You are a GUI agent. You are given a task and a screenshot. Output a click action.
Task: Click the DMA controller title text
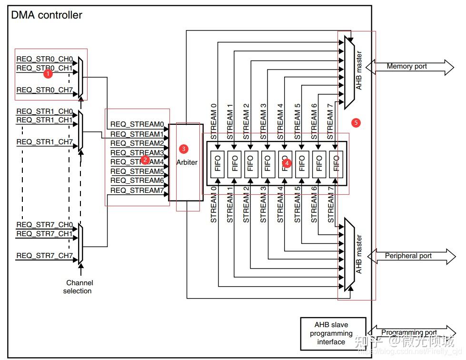(x=47, y=15)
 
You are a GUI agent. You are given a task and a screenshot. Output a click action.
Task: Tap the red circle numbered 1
(x=47, y=74)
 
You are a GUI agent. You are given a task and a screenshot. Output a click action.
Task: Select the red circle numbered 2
(x=146, y=160)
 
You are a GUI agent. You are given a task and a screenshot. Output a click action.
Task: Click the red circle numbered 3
(x=184, y=149)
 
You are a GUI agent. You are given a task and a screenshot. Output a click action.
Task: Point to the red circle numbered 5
(x=356, y=123)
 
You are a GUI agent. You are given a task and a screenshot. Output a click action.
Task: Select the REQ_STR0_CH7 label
(x=45, y=90)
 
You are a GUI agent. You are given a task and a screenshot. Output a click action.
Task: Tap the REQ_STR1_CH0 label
(x=45, y=111)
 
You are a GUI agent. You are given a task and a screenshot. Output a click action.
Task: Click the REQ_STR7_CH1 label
(x=45, y=234)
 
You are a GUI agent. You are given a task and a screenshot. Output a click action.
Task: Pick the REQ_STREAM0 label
(x=137, y=124)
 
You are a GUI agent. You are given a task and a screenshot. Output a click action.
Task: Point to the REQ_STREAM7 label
(x=137, y=190)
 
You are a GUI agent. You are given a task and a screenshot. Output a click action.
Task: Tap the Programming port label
(x=409, y=332)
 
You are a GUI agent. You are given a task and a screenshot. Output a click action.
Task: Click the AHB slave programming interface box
(x=333, y=333)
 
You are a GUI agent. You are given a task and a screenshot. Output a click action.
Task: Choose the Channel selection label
(x=79, y=287)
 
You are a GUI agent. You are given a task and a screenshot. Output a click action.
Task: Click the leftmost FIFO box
(x=217, y=164)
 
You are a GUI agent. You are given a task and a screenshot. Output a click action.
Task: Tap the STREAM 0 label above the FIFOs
(x=213, y=121)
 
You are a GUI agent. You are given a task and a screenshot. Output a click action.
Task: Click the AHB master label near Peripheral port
(x=359, y=254)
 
